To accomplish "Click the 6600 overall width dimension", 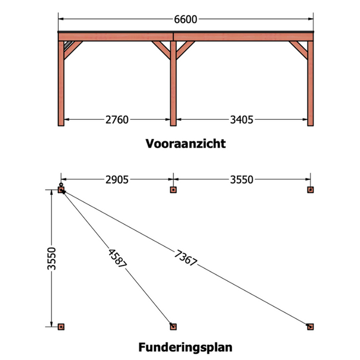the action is [186, 20].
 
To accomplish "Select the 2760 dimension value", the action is [117, 120].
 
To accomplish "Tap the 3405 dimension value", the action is [242, 120].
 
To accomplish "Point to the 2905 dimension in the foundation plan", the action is [117, 180].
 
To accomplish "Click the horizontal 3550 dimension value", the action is [242, 180].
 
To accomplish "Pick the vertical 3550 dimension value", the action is [51, 259].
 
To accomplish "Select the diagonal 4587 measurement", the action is [117, 258].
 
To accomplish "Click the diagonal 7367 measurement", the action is [186, 258].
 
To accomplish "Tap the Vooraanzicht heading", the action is [186, 143].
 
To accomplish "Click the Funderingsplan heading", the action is [186, 347].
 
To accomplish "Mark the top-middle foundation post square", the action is [173, 190].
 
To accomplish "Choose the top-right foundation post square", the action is [311, 190].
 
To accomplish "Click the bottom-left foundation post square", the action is [61, 327].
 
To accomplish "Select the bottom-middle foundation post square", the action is [173, 327].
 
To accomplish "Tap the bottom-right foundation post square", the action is [311, 327].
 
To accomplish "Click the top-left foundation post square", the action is [61, 190].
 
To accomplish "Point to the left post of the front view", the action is [61, 83].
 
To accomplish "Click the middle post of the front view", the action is [173, 83].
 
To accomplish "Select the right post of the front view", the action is [311, 83].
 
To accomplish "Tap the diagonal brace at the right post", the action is [298, 50].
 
